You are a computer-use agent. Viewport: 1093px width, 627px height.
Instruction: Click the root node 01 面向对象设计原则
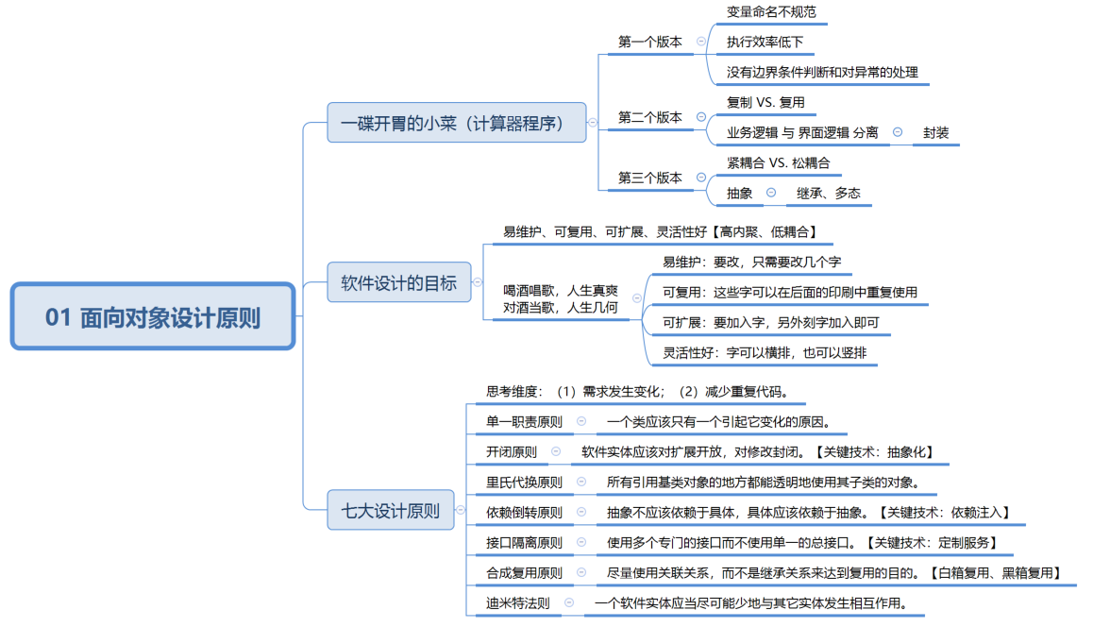pos(153,317)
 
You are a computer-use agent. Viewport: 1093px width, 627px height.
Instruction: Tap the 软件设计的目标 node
pos(398,281)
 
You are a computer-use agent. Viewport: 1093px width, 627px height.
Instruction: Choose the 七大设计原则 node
pos(390,511)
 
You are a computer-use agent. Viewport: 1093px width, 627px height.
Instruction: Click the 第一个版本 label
pos(649,42)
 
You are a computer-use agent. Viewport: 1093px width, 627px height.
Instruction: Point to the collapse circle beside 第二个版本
pos(700,117)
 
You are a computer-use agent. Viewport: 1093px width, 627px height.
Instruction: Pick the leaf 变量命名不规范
pos(771,12)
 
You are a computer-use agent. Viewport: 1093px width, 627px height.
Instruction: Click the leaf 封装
pos(936,133)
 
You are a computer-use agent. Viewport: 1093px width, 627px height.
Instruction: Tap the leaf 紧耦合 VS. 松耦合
pos(778,162)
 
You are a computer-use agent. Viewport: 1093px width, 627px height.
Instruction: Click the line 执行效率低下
pos(765,42)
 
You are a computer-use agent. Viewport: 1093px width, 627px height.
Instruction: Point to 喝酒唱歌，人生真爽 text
pos(561,290)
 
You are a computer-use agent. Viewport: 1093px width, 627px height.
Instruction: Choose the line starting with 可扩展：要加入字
pos(770,323)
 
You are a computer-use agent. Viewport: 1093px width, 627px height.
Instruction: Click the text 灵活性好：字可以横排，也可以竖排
pos(764,353)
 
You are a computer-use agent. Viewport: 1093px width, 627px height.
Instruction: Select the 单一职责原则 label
pos(524,421)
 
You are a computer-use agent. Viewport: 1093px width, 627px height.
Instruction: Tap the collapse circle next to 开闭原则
pos(556,451)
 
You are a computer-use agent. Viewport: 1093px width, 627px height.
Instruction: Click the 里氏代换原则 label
pos(524,482)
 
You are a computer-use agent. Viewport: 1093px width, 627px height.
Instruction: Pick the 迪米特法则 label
pos(517,602)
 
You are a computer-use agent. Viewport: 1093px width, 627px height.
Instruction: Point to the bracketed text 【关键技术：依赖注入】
pos(943,512)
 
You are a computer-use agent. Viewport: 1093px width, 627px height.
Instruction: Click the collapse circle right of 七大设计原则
pos(461,511)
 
